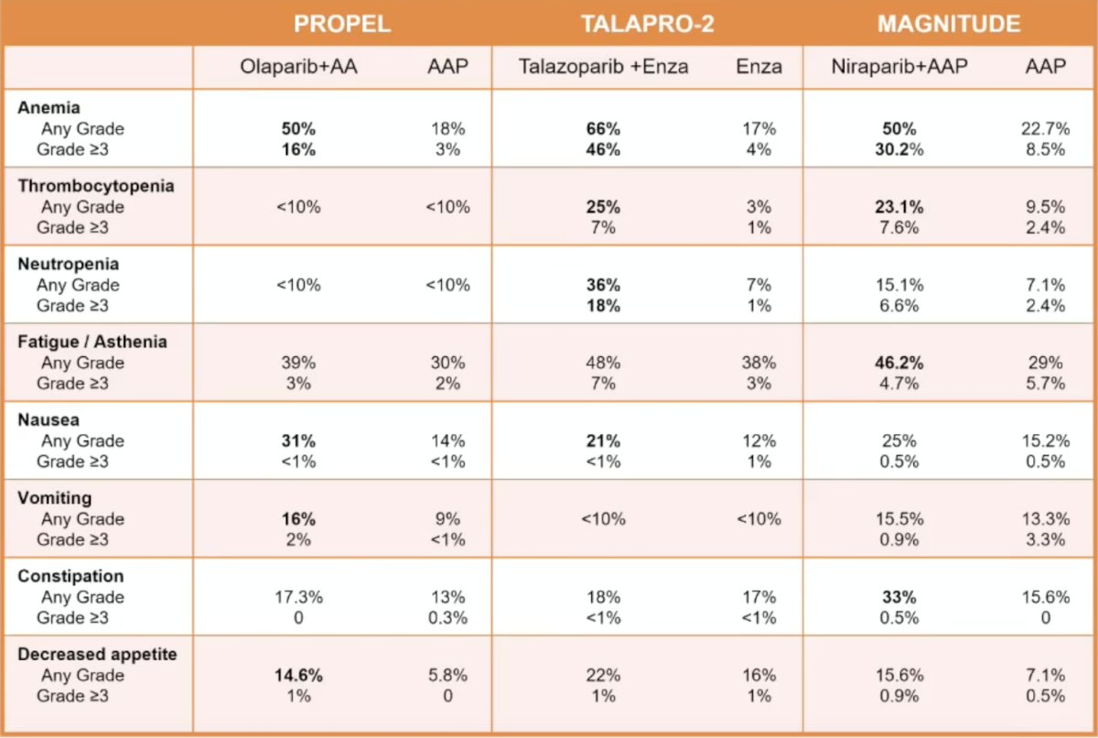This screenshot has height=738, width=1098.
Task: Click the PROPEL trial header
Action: click(342, 24)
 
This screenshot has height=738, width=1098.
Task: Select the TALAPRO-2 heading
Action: click(648, 24)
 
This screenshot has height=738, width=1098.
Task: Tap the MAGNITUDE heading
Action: click(949, 24)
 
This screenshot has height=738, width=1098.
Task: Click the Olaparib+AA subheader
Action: click(298, 67)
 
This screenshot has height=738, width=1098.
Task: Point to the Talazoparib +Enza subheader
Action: click(603, 67)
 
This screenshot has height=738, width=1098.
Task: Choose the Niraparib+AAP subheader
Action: click(899, 67)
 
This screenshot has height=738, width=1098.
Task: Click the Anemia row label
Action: click(48, 107)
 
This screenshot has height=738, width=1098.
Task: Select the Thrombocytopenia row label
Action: click(96, 186)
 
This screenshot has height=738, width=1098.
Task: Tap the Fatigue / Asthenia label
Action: click(92, 342)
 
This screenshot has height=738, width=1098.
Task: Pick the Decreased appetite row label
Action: click(97, 654)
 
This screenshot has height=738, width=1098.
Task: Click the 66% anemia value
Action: click(603, 129)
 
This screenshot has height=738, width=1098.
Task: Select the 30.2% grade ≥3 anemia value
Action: click(899, 149)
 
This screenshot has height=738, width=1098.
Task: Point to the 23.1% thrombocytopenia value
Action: click(899, 207)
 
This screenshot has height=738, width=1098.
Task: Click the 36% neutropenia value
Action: click(603, 285)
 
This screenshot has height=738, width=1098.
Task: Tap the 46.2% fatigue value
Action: click(899, 363)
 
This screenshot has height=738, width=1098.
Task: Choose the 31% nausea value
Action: click(298, 440)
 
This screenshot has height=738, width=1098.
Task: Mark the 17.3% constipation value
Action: click(298, 597)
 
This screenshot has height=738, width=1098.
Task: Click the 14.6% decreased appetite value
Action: click(298, 675)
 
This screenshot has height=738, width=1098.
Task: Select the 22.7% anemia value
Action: click(1046, 129)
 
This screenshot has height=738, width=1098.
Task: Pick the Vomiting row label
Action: click(54, 498)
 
